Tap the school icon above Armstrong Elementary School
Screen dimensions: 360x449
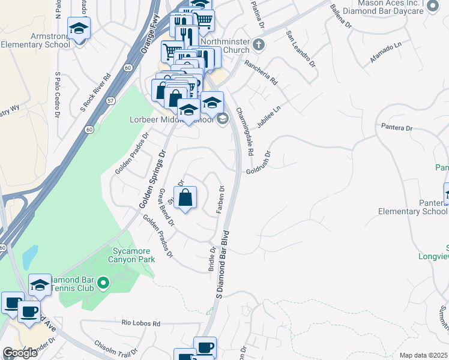(x=79, y=28)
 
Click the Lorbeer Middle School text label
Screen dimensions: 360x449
(x=172, y=119)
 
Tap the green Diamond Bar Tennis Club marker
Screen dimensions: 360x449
(x=103, y=282)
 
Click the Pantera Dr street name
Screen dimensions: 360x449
(x=397, y=127)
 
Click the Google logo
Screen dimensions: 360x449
(x=20, y=353)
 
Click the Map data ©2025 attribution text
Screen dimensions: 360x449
(x=423, y=355)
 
